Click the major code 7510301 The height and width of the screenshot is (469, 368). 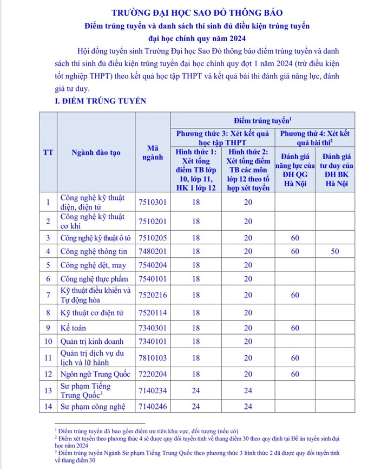pyautogui.click(x=153, y=202)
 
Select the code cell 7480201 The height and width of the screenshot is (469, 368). pyautogui.click(x=153, y=251)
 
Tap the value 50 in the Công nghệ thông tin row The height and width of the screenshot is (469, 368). pyautogui.click(x=335, y=251)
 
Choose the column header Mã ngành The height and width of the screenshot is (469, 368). pyautogui.click(x=153, y=152)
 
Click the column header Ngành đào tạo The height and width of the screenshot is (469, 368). pyautogui.click(x=96, y=152)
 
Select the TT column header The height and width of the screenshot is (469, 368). pyautogui.click(x=48, y=152)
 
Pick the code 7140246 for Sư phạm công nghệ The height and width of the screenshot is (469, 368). pyautogui.click(x=153, y=406)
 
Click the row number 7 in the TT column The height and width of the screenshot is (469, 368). pyautogui.click(x=48, y=295)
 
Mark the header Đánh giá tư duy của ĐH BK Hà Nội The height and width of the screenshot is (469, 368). pyautogui.click(x=335, y=171)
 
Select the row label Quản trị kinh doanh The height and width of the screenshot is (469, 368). pyautogui.click(x=92, y=342)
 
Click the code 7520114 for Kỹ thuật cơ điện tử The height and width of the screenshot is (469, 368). pyautogui.click(x=153, y=312)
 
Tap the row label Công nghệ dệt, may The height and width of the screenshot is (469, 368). pyautogui.click(x=90, y=265)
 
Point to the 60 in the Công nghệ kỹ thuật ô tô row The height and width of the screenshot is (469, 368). pyautogui.click(x=295, y=238)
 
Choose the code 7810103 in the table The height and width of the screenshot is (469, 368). pyautogui.click(x=153, y=357)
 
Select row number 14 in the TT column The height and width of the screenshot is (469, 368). pyautogui.click(x=48, y=406)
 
